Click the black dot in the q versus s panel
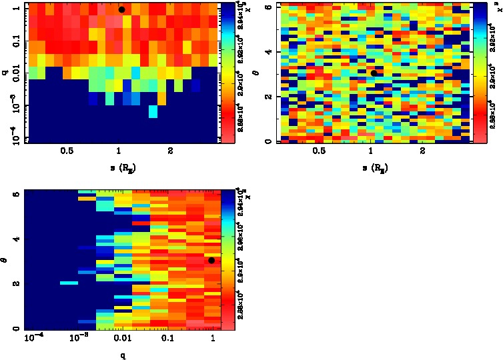coord(121,9)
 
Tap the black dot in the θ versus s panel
coord(374,73)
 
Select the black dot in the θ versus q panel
coord(211,260)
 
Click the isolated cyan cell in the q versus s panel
coord(153,112)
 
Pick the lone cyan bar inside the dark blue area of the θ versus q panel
coord(69,283)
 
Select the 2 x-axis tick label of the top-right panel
coord(423,151)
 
